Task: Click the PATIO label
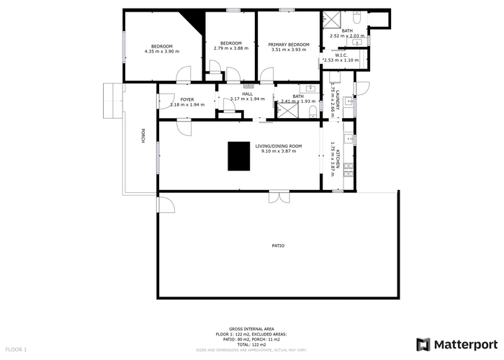[x=277, y=246]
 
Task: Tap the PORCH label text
[x=143, y=135]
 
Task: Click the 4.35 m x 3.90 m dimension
[x=162, y=51]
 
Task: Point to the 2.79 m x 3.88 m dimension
[x=230, y=48]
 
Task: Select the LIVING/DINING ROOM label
[x=278, y=146]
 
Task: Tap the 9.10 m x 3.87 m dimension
[x=278, y=151]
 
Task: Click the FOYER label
[x=186, y=99]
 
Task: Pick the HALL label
[x=247, y=94]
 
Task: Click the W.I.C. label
[x=341, y=55]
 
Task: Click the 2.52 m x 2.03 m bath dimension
[x=347, y=35]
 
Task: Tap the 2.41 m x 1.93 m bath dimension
[x=298, y=102]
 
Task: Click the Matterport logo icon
[x=424, y=344]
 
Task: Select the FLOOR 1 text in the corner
[x=15, y=350]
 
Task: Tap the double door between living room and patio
[x=277, y=196]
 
